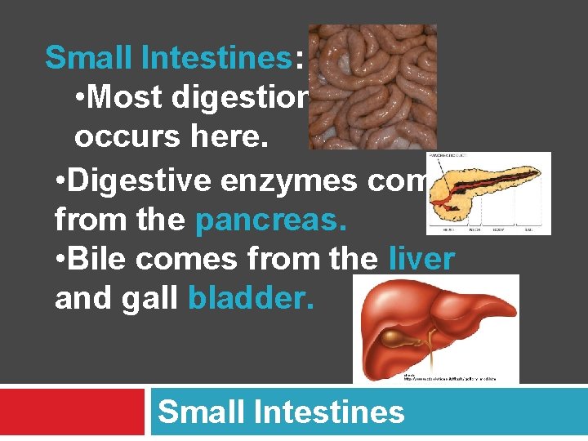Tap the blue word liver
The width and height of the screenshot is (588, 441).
(421, 259)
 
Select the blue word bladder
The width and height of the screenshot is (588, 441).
(250, 298)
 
